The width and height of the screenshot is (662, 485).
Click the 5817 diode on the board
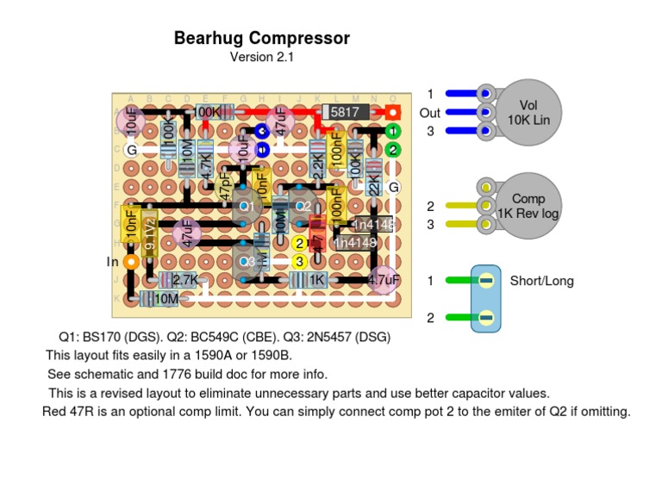pyautogui.click(x=346, y=112)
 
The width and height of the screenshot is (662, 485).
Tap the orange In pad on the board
pyautogui.click(x=131, y=261)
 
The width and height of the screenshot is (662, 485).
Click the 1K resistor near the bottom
pyautogui.click(x=317, y=280)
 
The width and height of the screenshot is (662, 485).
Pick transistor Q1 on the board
pyautogui.click(x=245, y=207)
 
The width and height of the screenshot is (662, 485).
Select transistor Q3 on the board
pyautogui.click(x=248, y=261)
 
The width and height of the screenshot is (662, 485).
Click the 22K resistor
pyautogui.click(x=374, y=178)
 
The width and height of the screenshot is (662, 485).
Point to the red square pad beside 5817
pyautogui.click(x=392, y=112)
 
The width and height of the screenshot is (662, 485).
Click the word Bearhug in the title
pyautogui.click(x=208, y=38)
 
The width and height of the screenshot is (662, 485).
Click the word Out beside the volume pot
pyautogui.click(x=429, y=113)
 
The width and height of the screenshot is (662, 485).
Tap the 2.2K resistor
pyautogui.click(x=317, y=163)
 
